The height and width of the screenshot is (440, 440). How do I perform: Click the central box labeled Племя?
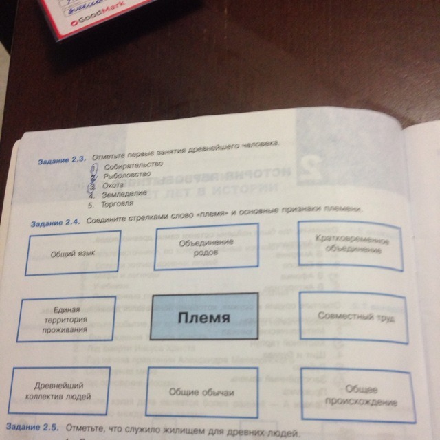click(203, 318)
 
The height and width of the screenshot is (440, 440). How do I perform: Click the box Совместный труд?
click(351, 318)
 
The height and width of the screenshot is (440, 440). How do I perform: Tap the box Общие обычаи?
click(201, 392)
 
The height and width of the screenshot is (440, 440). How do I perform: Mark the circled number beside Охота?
click(96, 186)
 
